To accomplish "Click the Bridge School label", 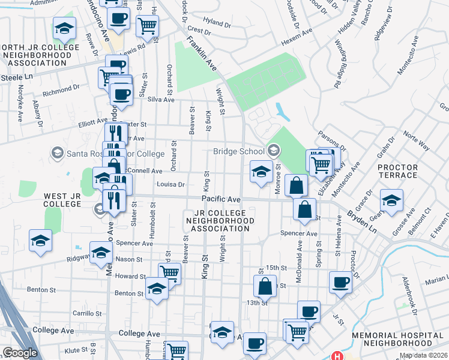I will [240, 152].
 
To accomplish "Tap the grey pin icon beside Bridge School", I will [274, 150].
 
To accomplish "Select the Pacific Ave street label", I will [221, 199].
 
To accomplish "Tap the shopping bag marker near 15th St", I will [265, 286].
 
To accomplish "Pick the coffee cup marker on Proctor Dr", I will [341, 282].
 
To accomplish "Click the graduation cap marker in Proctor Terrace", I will [391, 200].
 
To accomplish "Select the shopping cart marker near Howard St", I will [170, 274].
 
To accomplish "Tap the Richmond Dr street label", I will [57, 92].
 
